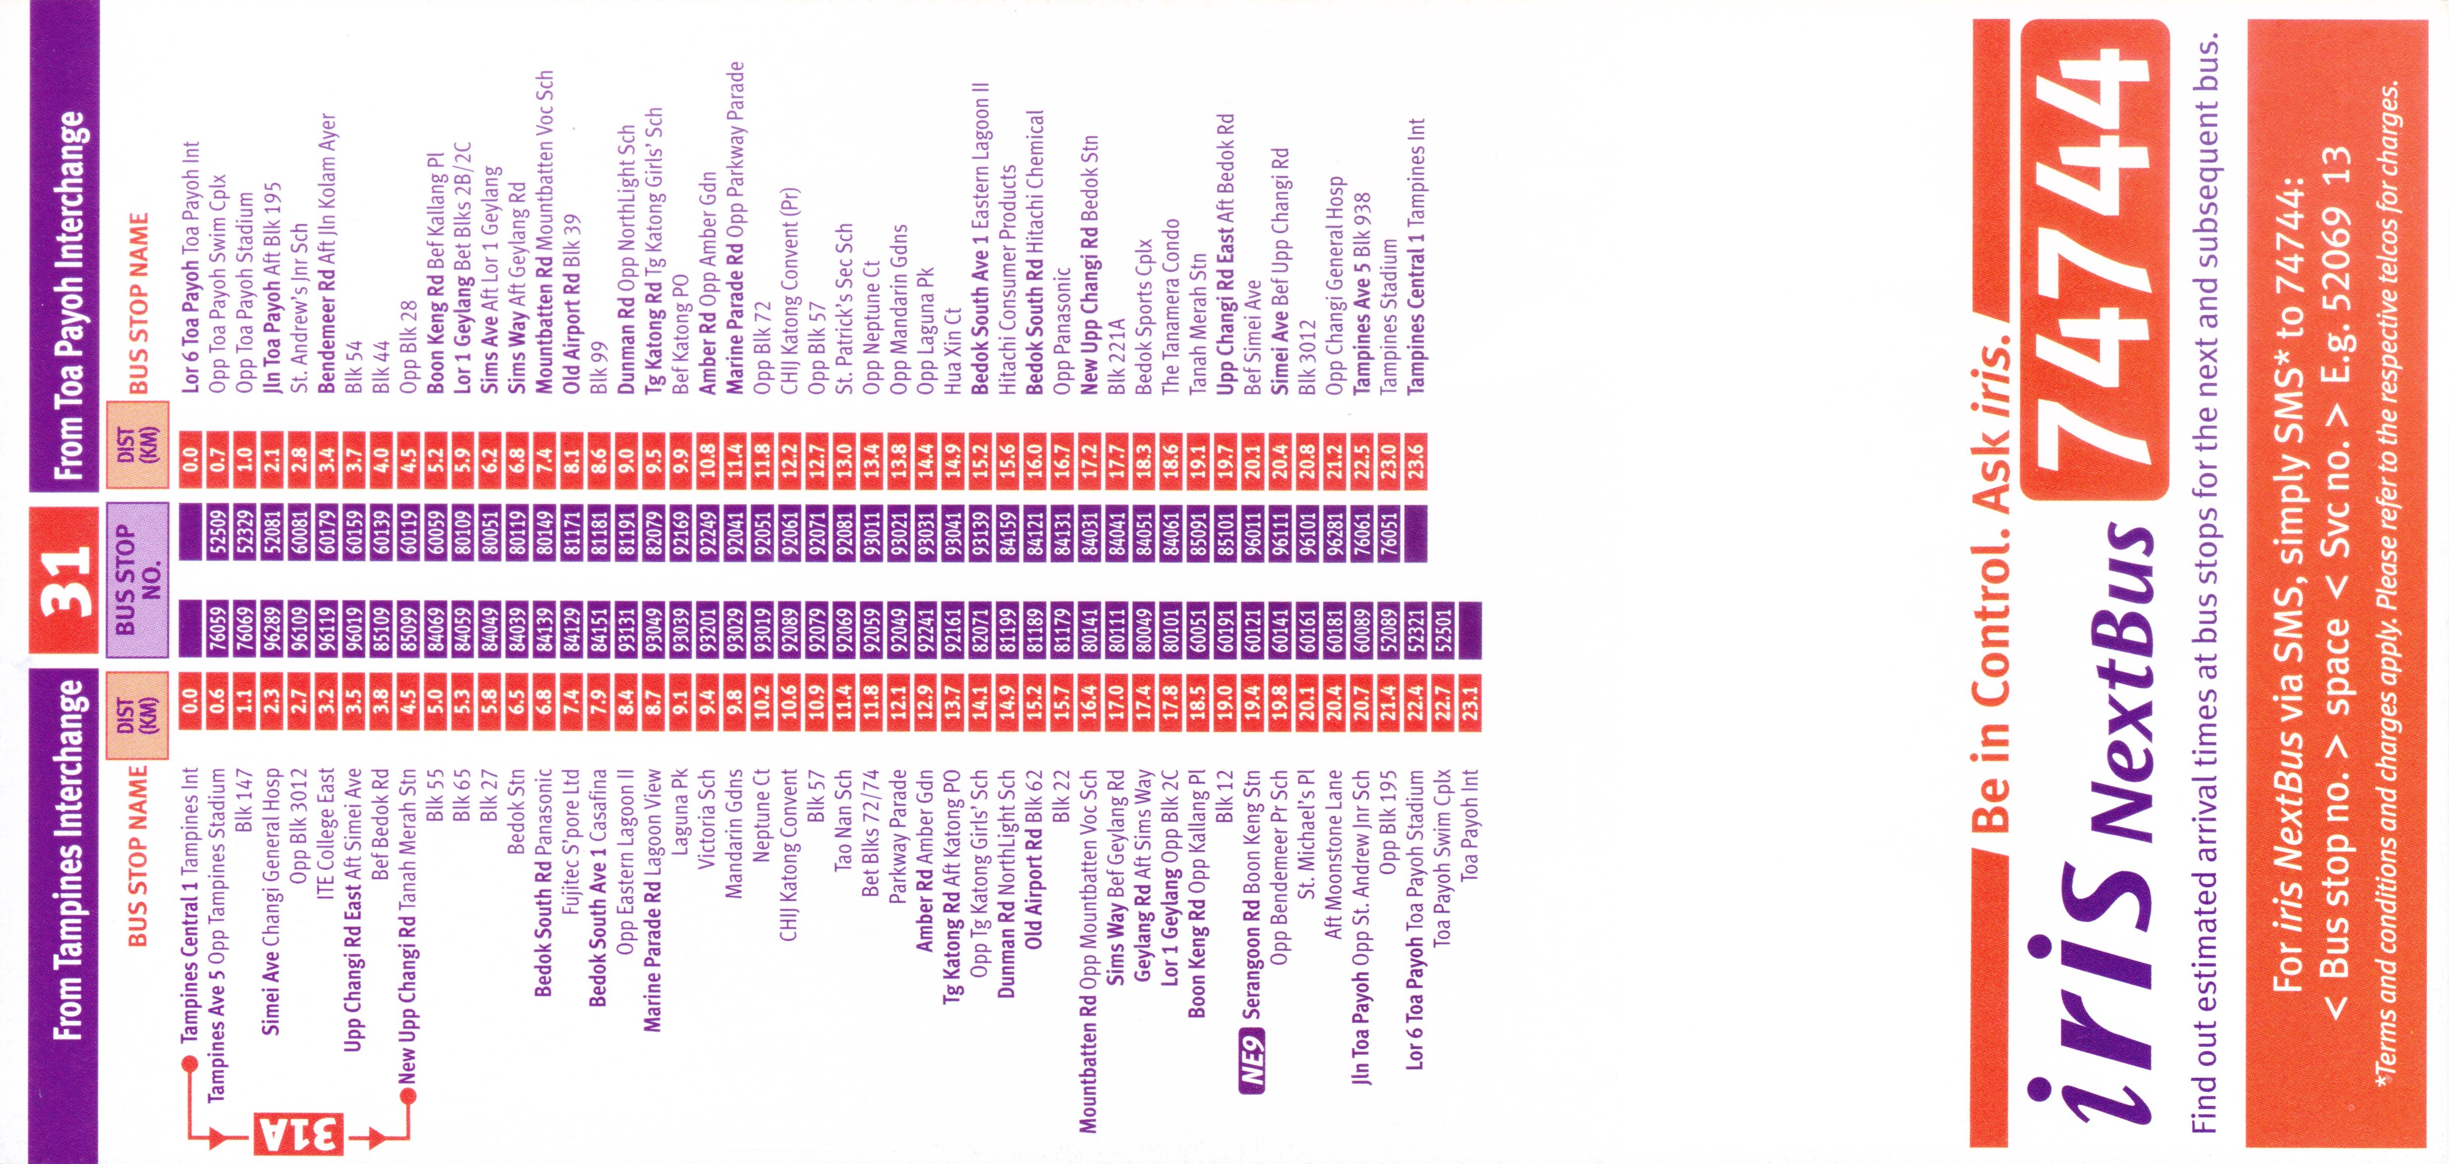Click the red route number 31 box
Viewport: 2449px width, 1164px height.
tap(64, 581)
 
